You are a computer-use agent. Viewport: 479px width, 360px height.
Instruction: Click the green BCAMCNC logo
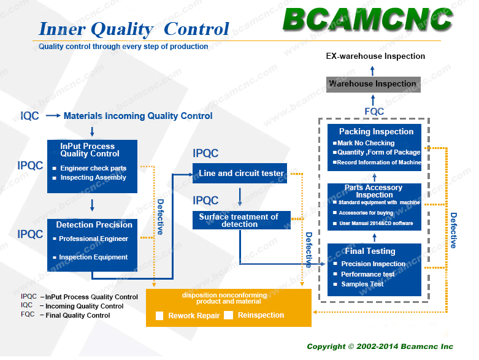coord(367,19)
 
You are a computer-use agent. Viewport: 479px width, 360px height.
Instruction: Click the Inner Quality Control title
coord(134,29)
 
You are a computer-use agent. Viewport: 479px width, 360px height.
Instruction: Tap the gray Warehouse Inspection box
coord(374,84)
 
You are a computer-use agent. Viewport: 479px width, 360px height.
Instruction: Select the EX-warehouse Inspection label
coord(375,56)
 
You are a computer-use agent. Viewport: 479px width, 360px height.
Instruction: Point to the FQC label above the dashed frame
coord(374,112)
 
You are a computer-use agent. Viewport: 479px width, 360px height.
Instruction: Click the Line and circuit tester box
coord(240,173)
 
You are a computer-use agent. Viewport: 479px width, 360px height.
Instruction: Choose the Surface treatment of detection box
coord(242,220)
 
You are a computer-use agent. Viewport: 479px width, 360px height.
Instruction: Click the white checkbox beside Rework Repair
coord(159,316)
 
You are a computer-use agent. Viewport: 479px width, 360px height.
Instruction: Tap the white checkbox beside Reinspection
coord(229,315)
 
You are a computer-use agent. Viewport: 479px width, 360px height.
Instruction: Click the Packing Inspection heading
coord(376,132)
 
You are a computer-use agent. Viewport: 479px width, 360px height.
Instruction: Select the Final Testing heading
coord(370,251)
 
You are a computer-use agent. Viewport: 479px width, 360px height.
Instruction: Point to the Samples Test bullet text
coord(362,285)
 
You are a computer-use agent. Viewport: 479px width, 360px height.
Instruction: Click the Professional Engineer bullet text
coord(93,239)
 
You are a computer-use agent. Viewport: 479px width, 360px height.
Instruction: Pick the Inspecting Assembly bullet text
coord(93,177)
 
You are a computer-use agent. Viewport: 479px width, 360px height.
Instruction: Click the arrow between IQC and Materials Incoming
coord(53,115)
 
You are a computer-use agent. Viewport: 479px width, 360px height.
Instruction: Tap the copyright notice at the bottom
coord(380,347)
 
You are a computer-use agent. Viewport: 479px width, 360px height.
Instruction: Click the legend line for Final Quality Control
coord(66,315)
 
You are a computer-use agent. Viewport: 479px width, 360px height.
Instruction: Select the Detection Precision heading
coord(94,224)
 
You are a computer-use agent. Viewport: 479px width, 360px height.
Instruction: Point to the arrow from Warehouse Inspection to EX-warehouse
coord(372,71)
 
